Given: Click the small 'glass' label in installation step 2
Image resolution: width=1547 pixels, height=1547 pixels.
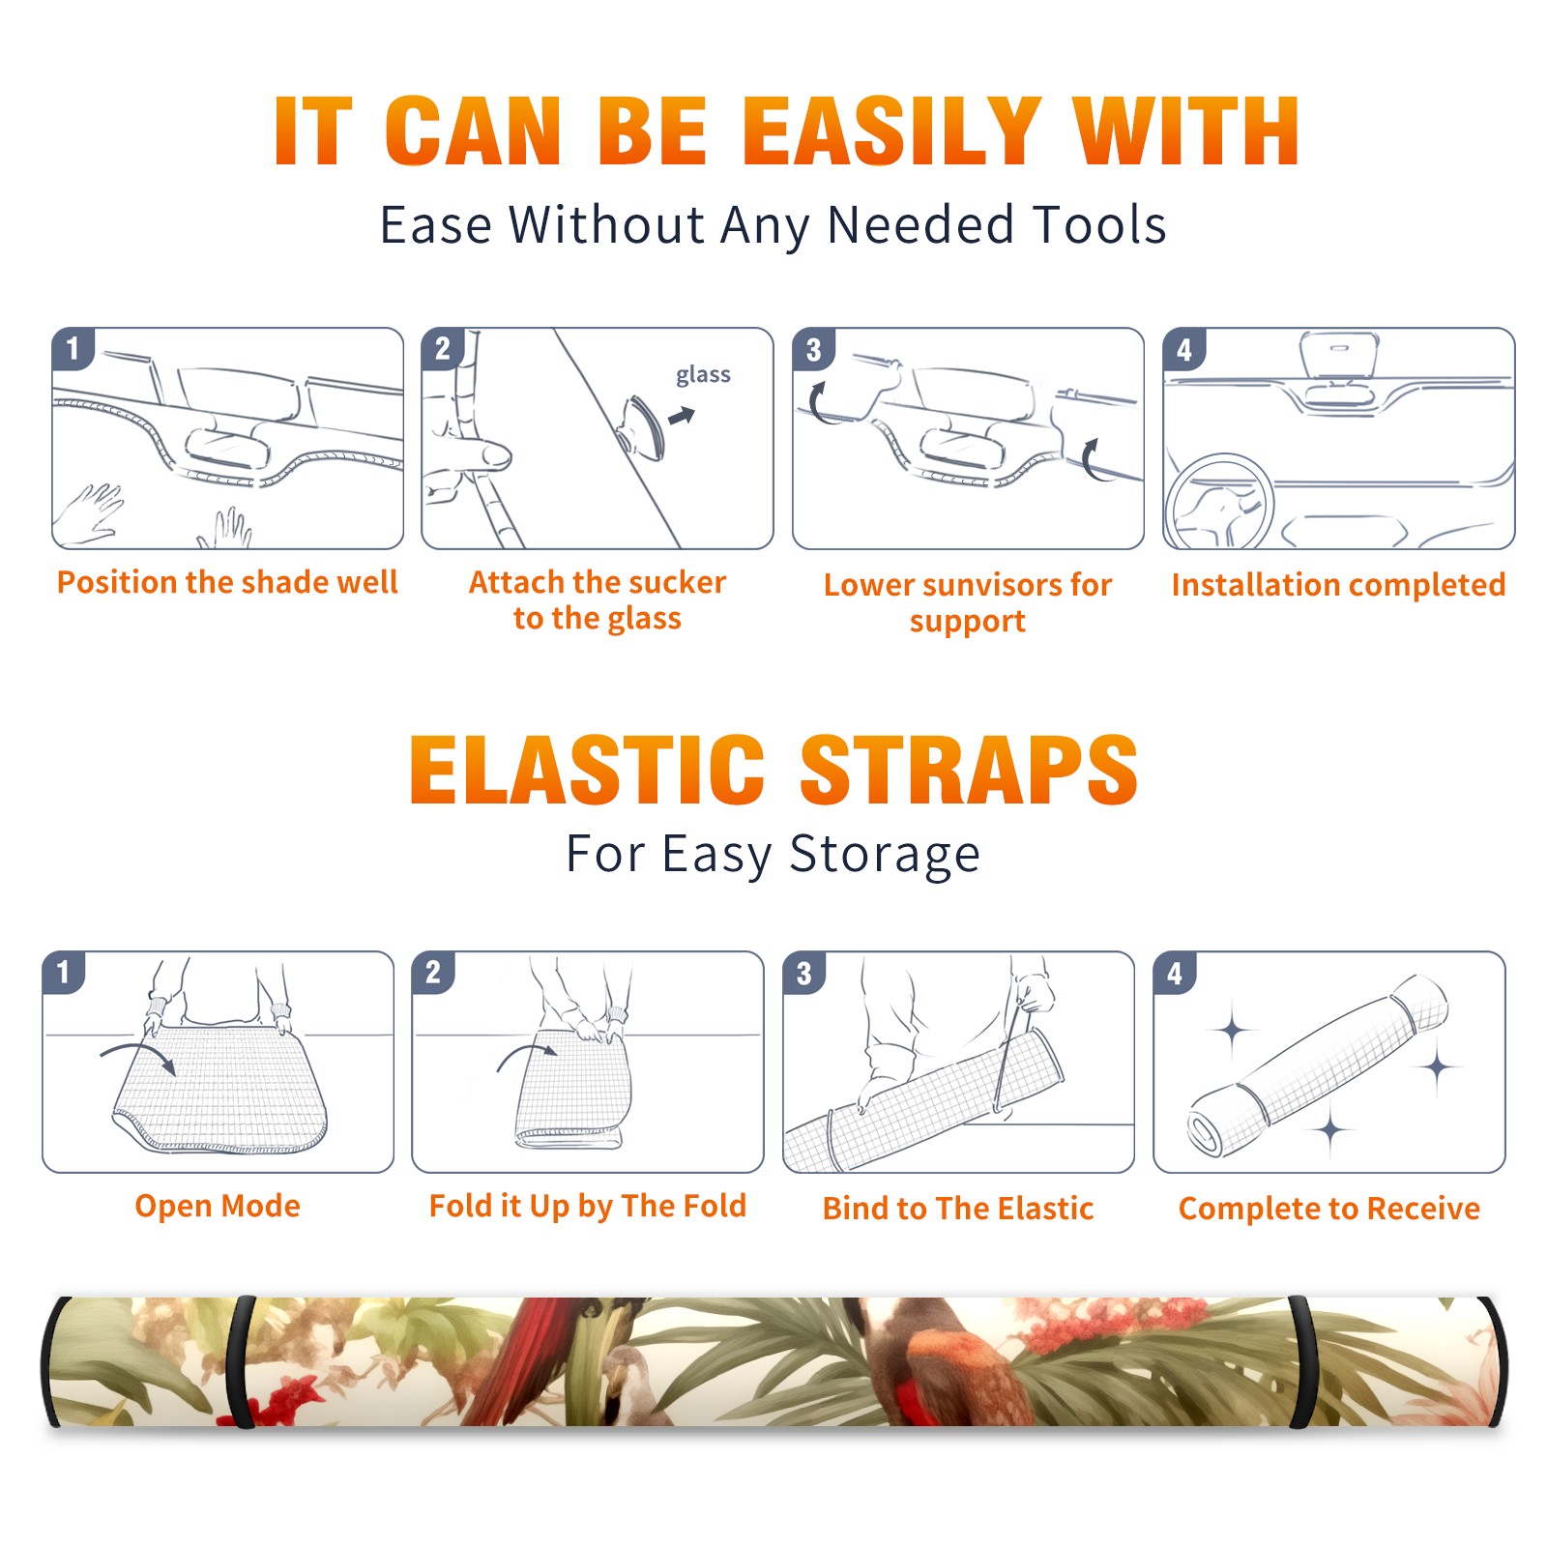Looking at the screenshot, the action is pyautogui.click(x=703, y=375).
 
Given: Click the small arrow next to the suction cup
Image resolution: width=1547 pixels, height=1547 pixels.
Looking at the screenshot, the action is pyautogui.click(x=683, y=416).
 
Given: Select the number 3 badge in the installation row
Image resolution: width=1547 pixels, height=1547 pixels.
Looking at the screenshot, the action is pyautogui.click(x=813, y=349).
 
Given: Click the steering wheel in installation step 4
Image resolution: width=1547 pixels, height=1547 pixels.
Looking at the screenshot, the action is pyautogui.click(x=1219, y=503).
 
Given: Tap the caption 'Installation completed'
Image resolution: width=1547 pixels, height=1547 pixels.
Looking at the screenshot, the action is pyautogui.click(x=1338, y=585).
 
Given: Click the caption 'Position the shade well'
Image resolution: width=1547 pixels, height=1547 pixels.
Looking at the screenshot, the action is pyautogui.click(x=227, y=582).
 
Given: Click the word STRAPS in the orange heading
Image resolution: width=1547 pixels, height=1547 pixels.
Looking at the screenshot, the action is pyautogui.click(x=969, y=770).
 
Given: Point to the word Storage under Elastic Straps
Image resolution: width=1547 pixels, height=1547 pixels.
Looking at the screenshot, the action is pyautogui.click(x=885, y=855).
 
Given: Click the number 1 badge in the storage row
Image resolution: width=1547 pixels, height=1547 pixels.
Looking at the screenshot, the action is pyautogui.click(x=64, y=972).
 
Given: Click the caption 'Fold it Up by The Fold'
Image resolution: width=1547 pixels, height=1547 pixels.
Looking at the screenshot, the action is pyautogui.click(x=588, y=1206).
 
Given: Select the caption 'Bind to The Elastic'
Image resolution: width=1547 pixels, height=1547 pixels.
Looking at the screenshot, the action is pyautogui.click(x=958, y=1209).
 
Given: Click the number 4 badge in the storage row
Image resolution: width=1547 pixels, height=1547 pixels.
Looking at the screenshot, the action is pyautogui.click(x=1174, y=973).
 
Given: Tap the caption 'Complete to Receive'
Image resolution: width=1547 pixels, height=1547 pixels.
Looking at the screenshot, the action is pyautogui.click(x=1329, y=1209).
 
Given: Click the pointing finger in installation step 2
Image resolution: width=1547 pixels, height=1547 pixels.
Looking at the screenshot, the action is pyautogui.click(x=474, y=453).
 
